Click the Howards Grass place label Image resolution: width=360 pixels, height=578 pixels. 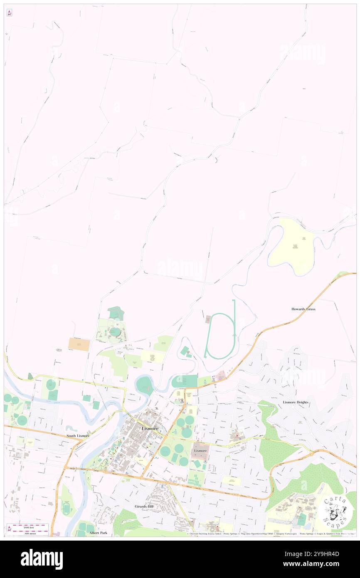(x=303, y=309)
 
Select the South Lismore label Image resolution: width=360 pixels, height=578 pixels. (x=78, y=436)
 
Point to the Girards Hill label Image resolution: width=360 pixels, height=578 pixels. (x=145, y=506)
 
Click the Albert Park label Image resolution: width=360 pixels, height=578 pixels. (x=98, y=533)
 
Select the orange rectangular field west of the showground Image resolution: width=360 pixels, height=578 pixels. (x=79, y=344)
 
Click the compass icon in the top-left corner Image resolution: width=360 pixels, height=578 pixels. (x=9, y=13)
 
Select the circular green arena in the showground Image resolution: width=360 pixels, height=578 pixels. (x=115, y=332)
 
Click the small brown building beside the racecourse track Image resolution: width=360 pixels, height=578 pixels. (x=208, y=319)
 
